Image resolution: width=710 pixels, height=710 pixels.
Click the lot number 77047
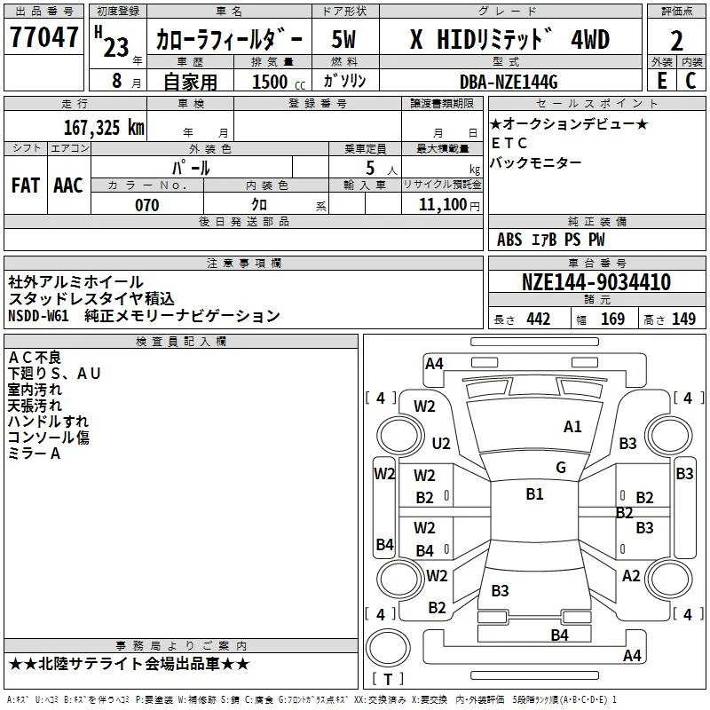coord(43,36)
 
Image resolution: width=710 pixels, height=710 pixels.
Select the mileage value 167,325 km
coord(104,127)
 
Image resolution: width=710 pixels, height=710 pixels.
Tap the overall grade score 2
coord(676,40)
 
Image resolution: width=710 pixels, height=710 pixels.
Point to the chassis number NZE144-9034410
coord(596,281)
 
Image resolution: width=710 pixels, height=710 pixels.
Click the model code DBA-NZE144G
coord(509,82)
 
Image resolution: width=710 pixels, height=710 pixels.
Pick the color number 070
coord(147,205)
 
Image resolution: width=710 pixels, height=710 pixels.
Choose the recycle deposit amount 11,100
coord(442,204)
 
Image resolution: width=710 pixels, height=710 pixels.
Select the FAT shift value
coord(26,185)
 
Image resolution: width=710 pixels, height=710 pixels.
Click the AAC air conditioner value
coord(68,185)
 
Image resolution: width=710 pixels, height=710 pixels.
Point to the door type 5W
coord(343,39)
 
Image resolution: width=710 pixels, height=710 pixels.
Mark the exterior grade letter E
coord(662,81)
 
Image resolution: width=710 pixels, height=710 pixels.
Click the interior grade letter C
coord(691,81)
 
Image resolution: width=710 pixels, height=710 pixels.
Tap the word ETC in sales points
coord(509,143)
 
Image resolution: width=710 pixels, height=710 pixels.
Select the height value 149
coord(683,319)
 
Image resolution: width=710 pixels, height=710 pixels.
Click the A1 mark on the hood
coord(572,426)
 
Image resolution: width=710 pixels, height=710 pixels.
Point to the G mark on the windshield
coord(561,467)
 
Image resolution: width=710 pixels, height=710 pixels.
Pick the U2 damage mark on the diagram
coord(441,443)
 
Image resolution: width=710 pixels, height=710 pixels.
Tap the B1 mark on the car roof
coord(535,493)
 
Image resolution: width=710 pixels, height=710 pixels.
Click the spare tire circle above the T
coord(388,648)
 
